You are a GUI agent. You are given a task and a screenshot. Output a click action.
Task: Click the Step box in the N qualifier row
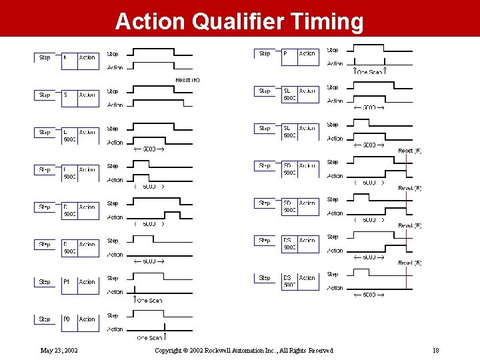[45, 58]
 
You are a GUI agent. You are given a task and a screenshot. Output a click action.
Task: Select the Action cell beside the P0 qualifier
[87, 319]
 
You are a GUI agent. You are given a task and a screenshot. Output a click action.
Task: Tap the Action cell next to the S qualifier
[87, 95]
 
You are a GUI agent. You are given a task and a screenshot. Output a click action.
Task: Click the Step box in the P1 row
[45, 282]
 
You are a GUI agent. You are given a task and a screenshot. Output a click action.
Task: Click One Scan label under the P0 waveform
[149, 338]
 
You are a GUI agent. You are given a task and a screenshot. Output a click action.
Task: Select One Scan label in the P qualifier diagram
[370, 72]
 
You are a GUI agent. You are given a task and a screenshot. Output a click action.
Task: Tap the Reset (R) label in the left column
[187, 80]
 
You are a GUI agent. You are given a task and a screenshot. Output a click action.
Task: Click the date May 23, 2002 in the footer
[59, 350]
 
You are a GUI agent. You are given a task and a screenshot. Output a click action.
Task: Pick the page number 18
[435, 350]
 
